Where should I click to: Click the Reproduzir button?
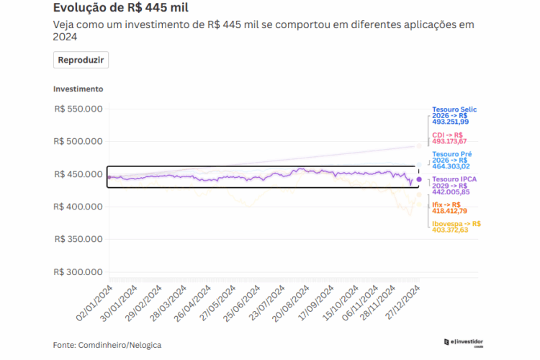point(81,60)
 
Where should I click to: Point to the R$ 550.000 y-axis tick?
point(78,109)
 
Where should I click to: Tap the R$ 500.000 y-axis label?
point(78,141)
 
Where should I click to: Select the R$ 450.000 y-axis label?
point(78,174)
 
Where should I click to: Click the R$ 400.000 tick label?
point(78,207)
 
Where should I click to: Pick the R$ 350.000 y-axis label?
point(78,239)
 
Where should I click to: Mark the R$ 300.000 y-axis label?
point(78,272)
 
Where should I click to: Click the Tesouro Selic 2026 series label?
point(454,116)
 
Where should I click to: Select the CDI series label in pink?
point(449,138)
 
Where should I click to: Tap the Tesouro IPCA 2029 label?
point(453,185)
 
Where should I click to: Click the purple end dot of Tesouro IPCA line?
point(419,179)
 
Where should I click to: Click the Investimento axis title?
point(78,89)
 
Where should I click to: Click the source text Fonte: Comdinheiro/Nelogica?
point(107,345)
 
